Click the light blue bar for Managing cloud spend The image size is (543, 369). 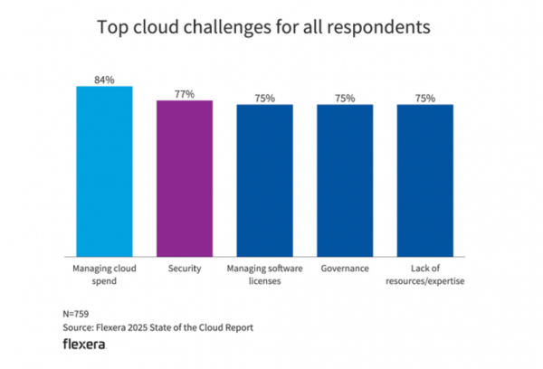tap(104, 170)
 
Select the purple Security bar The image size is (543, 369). tap(185, 177)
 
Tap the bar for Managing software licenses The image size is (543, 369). tap(265, 179)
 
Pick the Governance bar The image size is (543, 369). tap(345, 179)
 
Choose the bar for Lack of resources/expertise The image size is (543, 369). tap(425, 179)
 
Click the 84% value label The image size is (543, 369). tap(104, 79)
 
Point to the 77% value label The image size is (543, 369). tap(185, 93)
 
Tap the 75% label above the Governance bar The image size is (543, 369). tap(345, 98)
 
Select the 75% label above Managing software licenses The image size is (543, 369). tap(265, 98)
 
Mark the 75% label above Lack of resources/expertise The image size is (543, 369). tap(425, 98)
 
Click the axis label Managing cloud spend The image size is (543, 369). tap(104, 275)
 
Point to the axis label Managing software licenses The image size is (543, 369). tap(265, 275)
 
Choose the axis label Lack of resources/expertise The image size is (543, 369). tap(425, 275)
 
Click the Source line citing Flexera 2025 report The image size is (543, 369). tap(158, 327)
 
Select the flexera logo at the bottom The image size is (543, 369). tap(84, 346)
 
